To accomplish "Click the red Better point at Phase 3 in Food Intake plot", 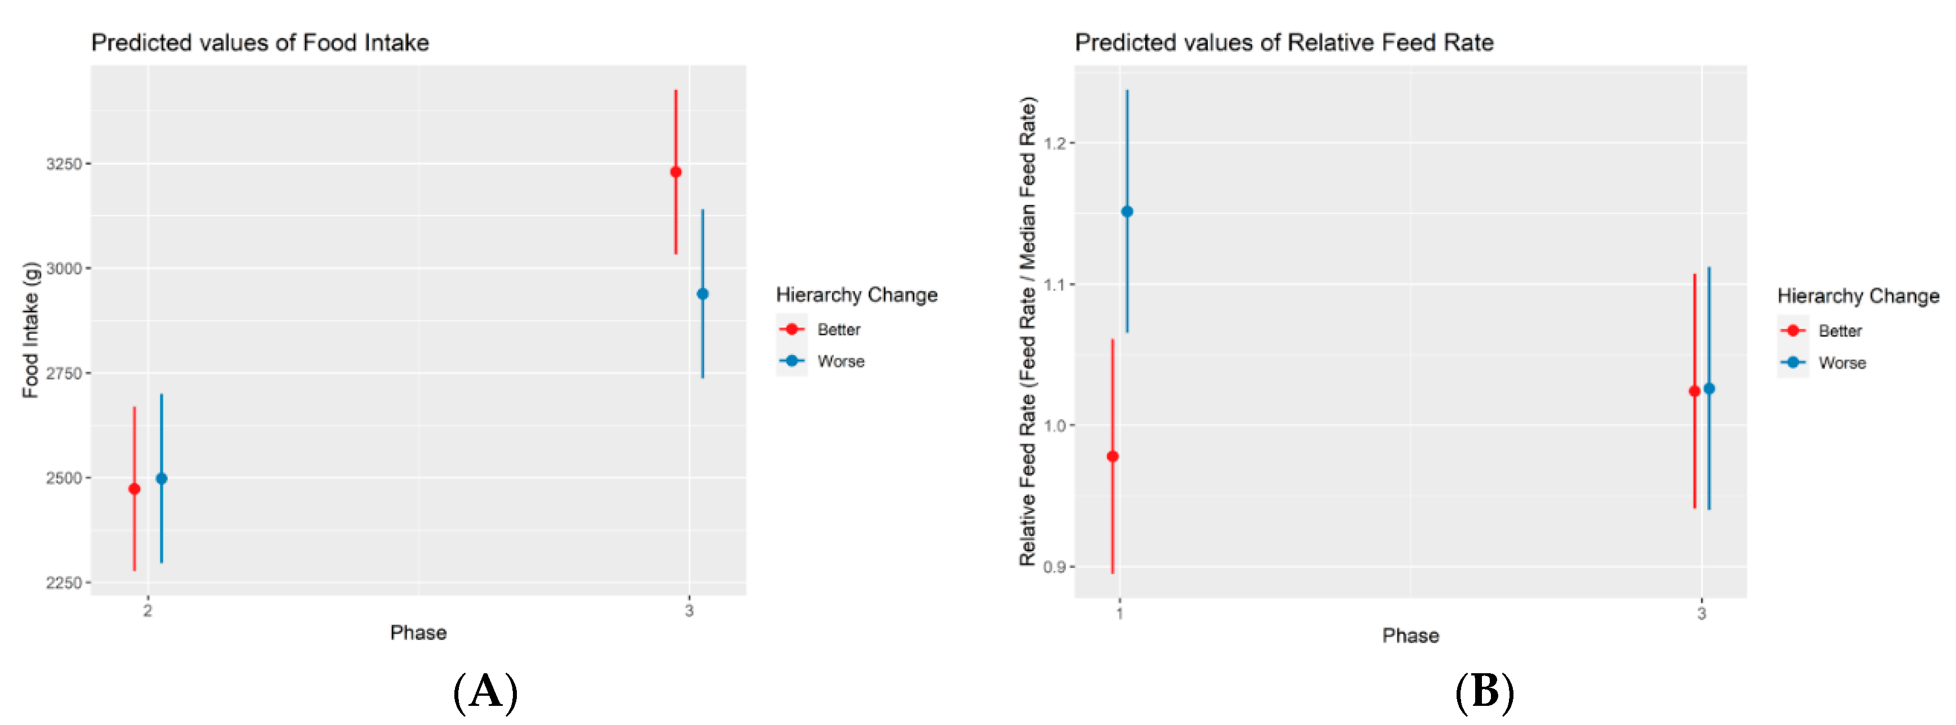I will [675, 172].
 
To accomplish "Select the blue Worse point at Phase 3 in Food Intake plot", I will [702, 294].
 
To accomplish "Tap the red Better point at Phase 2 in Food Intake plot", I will [135, 489].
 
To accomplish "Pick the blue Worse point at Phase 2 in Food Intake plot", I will [161, 478].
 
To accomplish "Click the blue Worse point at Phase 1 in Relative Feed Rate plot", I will [1127, 212].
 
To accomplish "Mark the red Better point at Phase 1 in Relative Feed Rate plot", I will [1113, 457].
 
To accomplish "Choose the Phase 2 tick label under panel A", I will [148, 610].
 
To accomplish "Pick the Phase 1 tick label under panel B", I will [1119, 614].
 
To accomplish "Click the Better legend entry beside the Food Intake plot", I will [838, 329].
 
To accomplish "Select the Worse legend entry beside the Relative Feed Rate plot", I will [1841, 363].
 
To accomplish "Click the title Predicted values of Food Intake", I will [260, 43].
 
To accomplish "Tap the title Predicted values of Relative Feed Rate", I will [1283, 43].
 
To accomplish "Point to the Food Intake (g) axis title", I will [30, 330].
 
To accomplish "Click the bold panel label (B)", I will [1484, 692].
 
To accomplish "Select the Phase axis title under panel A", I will [418, 632].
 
